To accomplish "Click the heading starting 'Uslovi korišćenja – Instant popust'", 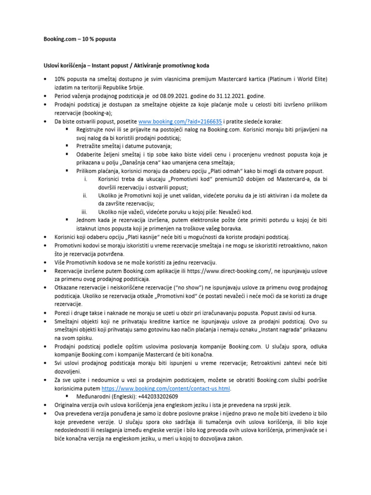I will (x=127, y=65).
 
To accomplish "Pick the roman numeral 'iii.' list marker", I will (x=84, y=212).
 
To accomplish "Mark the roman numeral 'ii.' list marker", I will (x=84, y=196).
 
